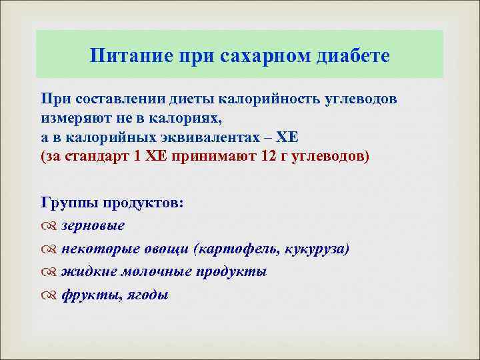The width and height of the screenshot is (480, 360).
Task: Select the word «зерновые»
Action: (93, 225)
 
